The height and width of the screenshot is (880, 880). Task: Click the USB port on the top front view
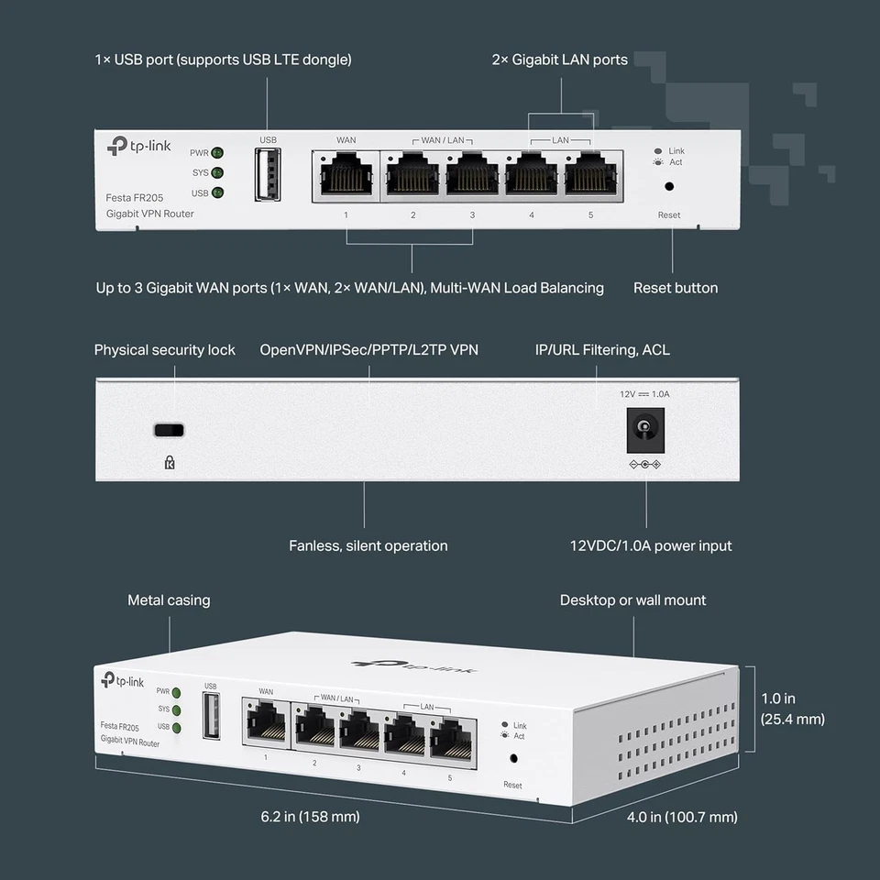tap(269, 173)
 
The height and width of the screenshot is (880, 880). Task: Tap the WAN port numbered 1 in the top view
tap(346, 174)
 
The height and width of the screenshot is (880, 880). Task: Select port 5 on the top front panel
tap(590, 174)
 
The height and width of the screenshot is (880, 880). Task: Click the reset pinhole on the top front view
tap(669, 186)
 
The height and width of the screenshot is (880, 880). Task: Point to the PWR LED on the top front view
tap(217, 153)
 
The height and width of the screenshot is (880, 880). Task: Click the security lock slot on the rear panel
tap(169, 430)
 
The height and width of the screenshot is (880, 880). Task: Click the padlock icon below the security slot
tap(169, 463)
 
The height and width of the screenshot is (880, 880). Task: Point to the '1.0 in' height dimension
tap(778, 698)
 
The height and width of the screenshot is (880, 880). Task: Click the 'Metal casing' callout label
tap(169, 600)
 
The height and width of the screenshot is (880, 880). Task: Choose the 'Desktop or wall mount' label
tap(632, 600)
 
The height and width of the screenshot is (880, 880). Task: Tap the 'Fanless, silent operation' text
tap(368, 545)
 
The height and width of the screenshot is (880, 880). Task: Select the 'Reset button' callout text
tap(676, 288)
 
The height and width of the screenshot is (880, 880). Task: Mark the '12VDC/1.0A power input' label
tap(651, 545)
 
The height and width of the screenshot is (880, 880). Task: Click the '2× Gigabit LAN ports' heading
tap(559, 60)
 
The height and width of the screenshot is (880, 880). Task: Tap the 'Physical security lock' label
tap(165, 349)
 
